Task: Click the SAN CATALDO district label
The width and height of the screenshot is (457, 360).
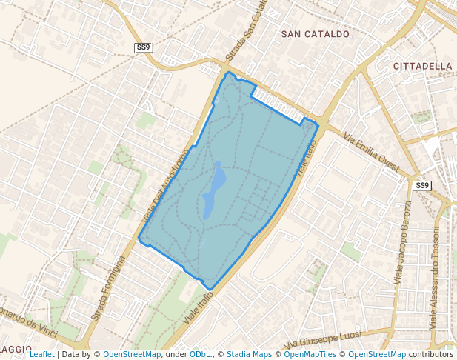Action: pos(315,34)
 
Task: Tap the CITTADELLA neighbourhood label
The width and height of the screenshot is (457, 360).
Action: pos(422,66)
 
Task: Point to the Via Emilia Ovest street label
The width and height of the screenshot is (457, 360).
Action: pos(371,152)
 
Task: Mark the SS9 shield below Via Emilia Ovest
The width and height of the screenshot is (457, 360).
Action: pos(421,185)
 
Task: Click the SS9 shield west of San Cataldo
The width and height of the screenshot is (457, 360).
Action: pos(143,47)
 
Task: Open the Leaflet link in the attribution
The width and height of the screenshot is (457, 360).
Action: pos(41,354)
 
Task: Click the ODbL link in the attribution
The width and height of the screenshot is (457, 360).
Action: pos(199,354)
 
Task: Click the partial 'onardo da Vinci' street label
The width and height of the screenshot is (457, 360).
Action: pos(30,315)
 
